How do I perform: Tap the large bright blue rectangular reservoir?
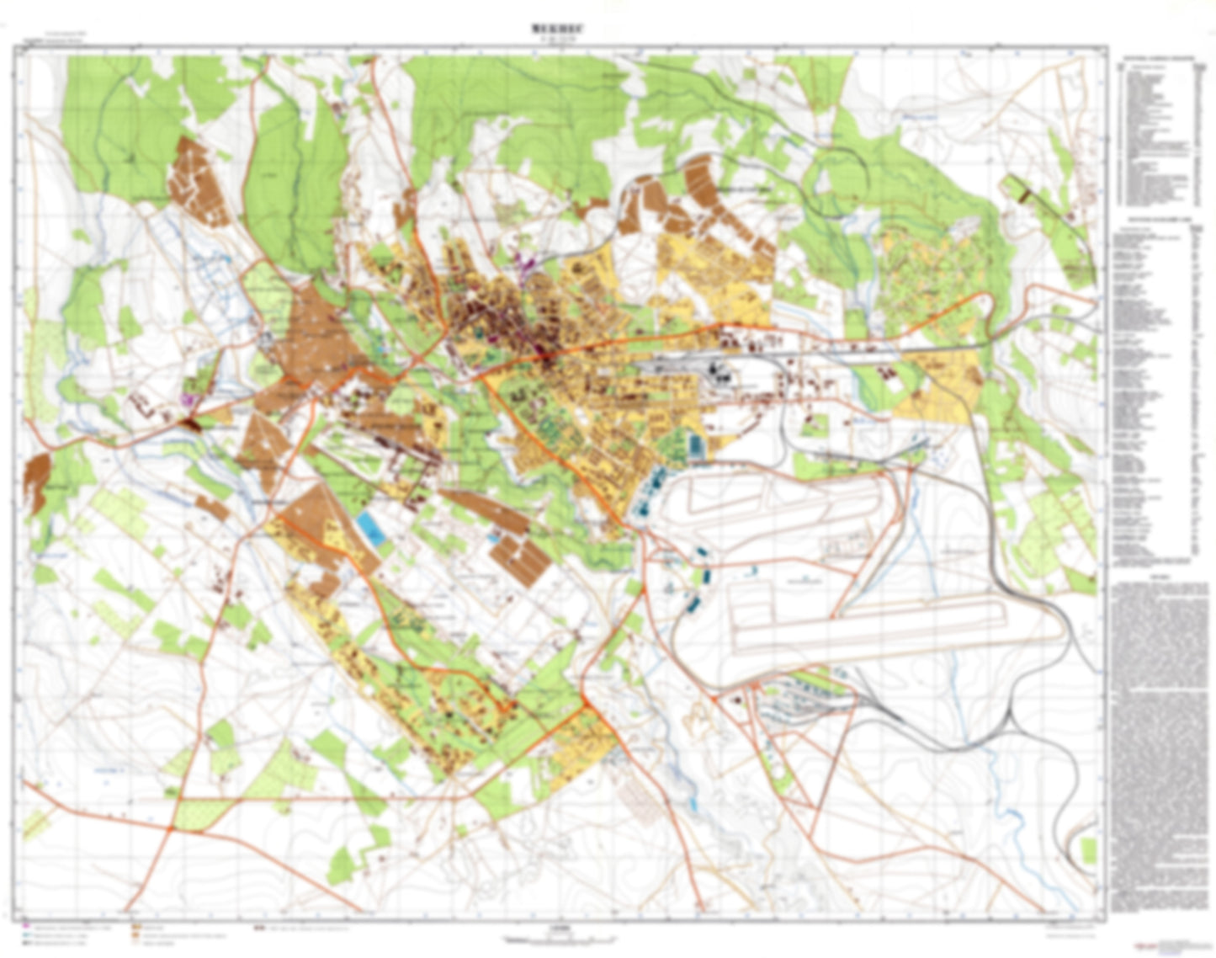(x=368, y=527)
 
